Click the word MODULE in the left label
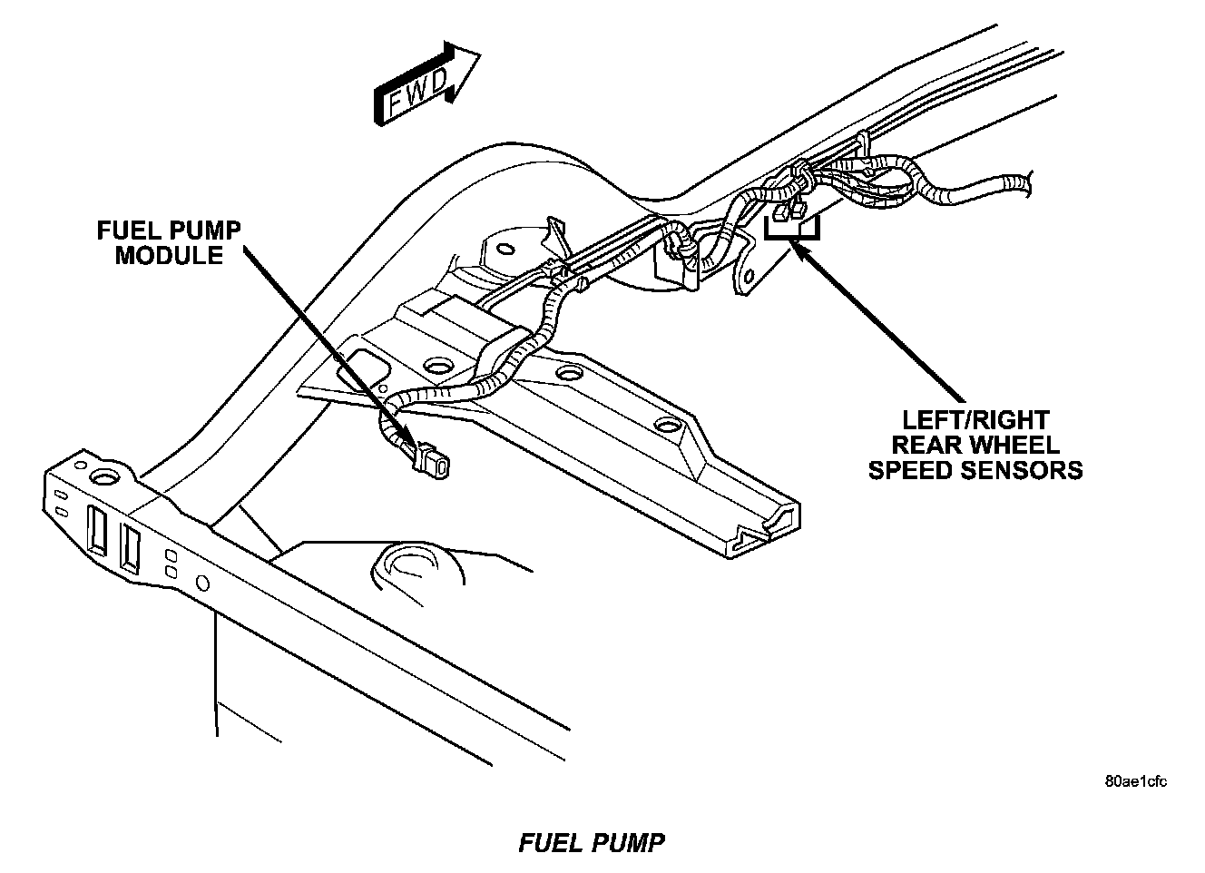coord(169,256)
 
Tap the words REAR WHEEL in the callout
coord(975,445)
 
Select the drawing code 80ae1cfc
coord(1136,781)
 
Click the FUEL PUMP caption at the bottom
coord(592,843)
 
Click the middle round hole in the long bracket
coord(570,372)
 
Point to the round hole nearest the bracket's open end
coord(667,426)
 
